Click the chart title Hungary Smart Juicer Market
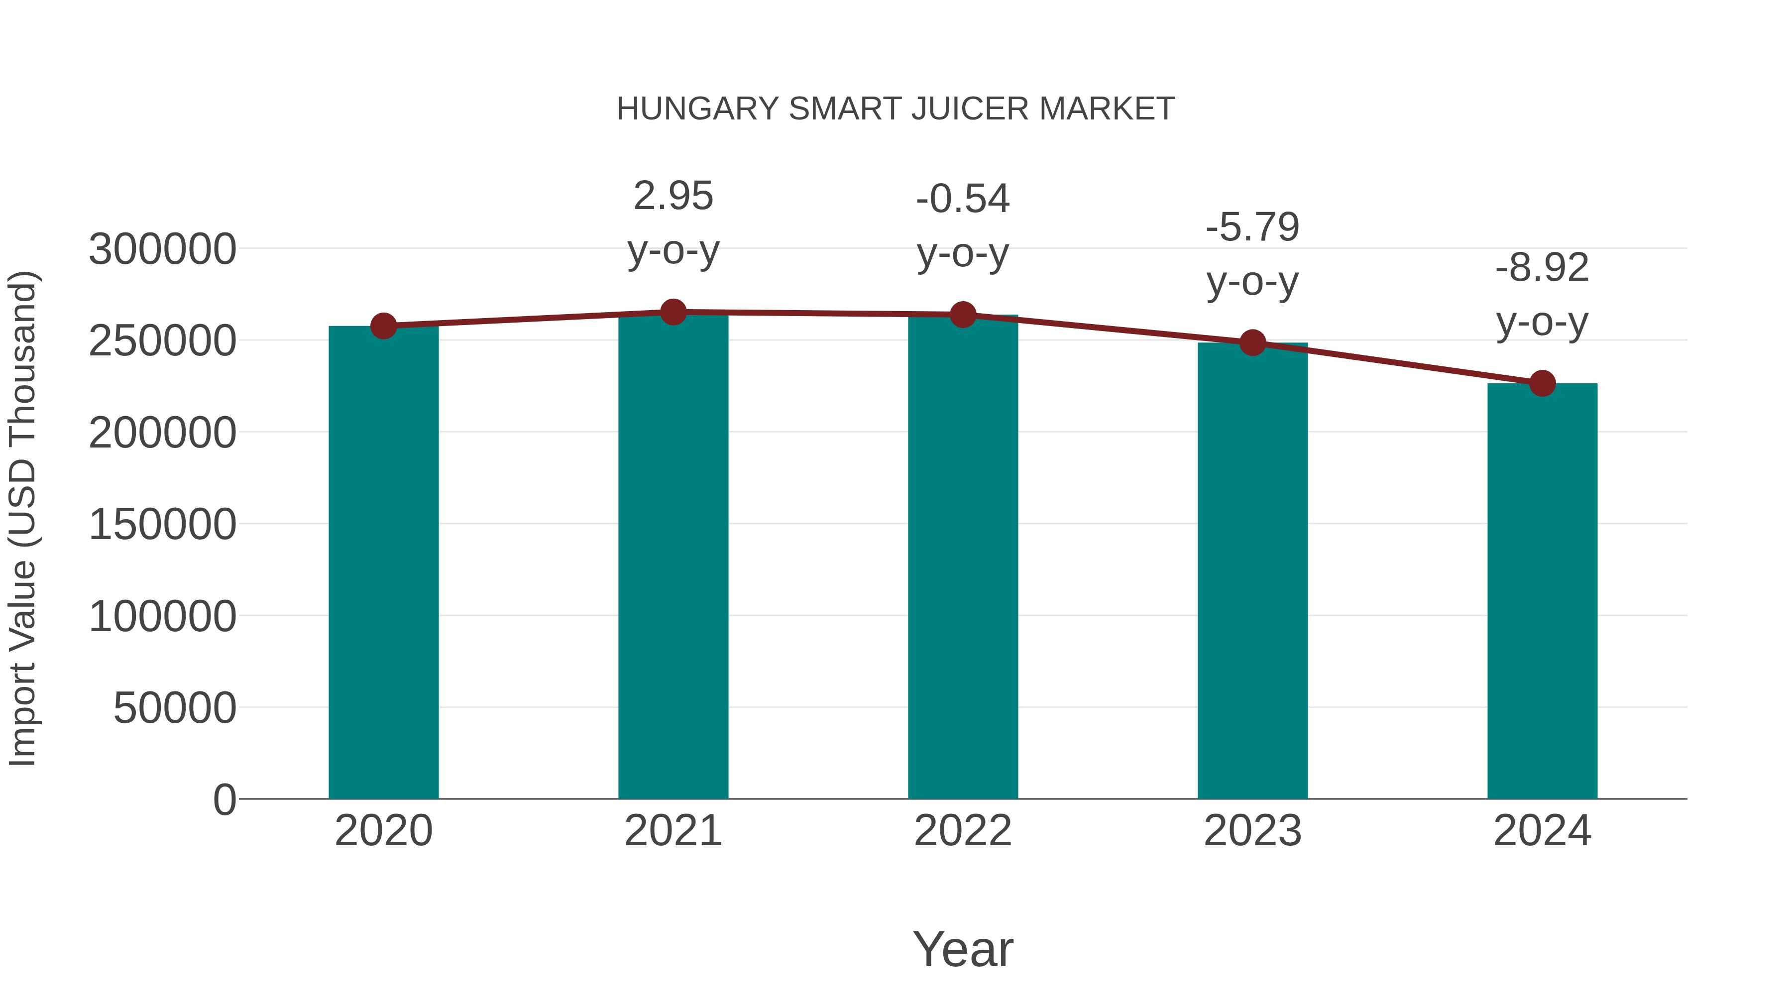[896, 109]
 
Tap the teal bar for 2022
[963, 557]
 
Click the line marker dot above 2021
[672, 312]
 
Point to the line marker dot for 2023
[1252, 342]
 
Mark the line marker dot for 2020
[383, 326]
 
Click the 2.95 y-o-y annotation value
[672, 196]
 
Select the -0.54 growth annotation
[963, 199]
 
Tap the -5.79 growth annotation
[1252, 227]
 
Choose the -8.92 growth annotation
[1542, 268]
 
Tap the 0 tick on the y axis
[224, 799]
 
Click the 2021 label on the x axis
[672, 831]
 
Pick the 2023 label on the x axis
[1252, 831]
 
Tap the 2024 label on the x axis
[1542, 831]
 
